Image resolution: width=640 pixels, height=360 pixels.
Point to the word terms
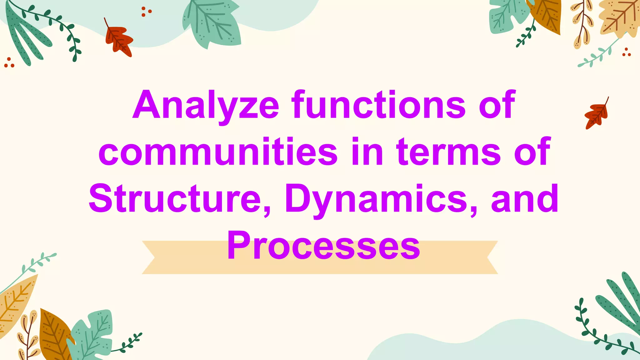tap(448, 152)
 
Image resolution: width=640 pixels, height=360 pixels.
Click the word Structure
tap(175, 199)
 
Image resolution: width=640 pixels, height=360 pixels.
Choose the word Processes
tap(323, 246)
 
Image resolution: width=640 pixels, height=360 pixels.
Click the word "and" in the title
tap(525, 199)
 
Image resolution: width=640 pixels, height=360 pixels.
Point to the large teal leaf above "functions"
tap(212, 24)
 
